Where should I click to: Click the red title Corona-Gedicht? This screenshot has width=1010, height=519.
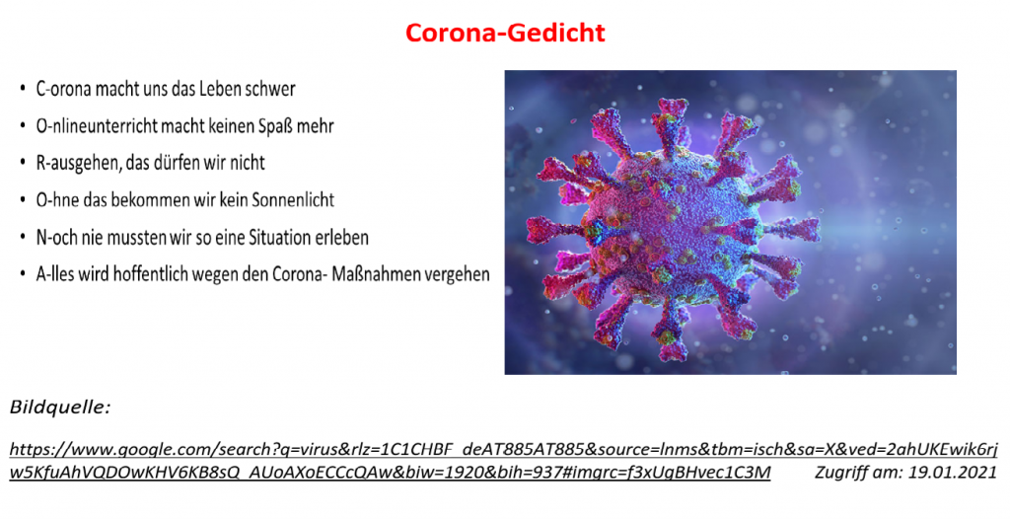tap(505, 33)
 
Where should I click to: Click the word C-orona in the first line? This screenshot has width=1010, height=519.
tap(63, 89)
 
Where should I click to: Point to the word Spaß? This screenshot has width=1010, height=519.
tap(277, 126)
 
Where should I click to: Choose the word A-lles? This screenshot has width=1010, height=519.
tap(55, 274)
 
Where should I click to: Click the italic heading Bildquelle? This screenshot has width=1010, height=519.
tap(60, 408)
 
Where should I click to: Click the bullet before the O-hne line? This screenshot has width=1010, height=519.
tap(24, 200)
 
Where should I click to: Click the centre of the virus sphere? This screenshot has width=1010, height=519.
tap(674, 226)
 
